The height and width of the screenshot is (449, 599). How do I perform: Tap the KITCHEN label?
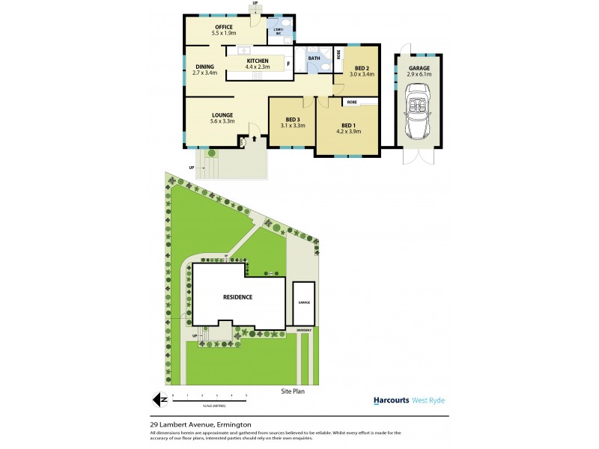[258, 61]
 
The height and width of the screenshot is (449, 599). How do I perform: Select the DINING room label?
[204, 67]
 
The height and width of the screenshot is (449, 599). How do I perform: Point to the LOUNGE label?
[222, 114]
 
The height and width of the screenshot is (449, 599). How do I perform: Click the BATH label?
[314, 58]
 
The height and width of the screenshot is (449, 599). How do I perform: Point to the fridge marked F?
[288, 63]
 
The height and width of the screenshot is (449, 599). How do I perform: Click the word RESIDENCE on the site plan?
[237, 297]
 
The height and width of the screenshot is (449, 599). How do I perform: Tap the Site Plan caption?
[293, 391]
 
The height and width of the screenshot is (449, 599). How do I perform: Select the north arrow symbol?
[156, 400]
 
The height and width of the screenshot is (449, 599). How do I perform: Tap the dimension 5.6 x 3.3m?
[222, 121]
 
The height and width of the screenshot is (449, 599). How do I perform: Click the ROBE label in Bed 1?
[352, 101]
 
